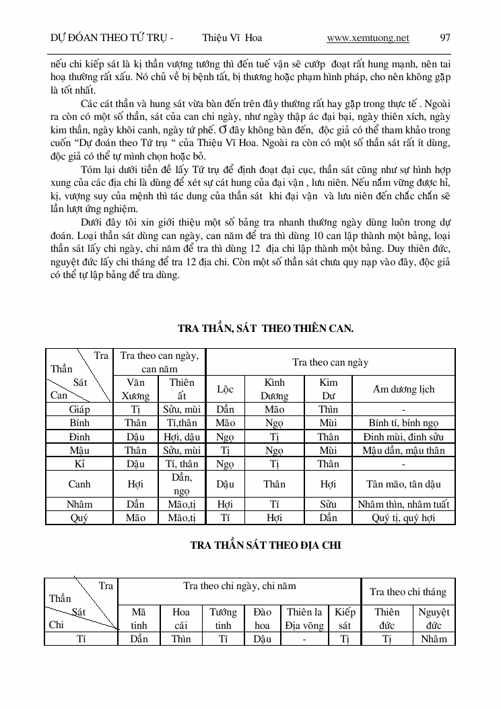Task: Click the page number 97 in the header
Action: [x=445, y=38]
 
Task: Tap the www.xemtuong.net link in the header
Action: [x=368, y=38]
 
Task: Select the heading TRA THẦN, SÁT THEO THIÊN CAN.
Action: [x=265, y=329]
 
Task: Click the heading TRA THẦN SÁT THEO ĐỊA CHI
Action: [x=262, y=545]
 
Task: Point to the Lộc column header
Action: [x=225, y=389]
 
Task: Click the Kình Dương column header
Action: [x=274, y=389]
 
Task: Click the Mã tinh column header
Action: [x=139, y=618]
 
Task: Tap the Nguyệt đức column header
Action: [x=434, y=618]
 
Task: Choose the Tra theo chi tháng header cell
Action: [x=408, y=592]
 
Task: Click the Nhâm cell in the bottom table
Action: [x=434, y=639]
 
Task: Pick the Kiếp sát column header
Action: [x=344, y=618]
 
